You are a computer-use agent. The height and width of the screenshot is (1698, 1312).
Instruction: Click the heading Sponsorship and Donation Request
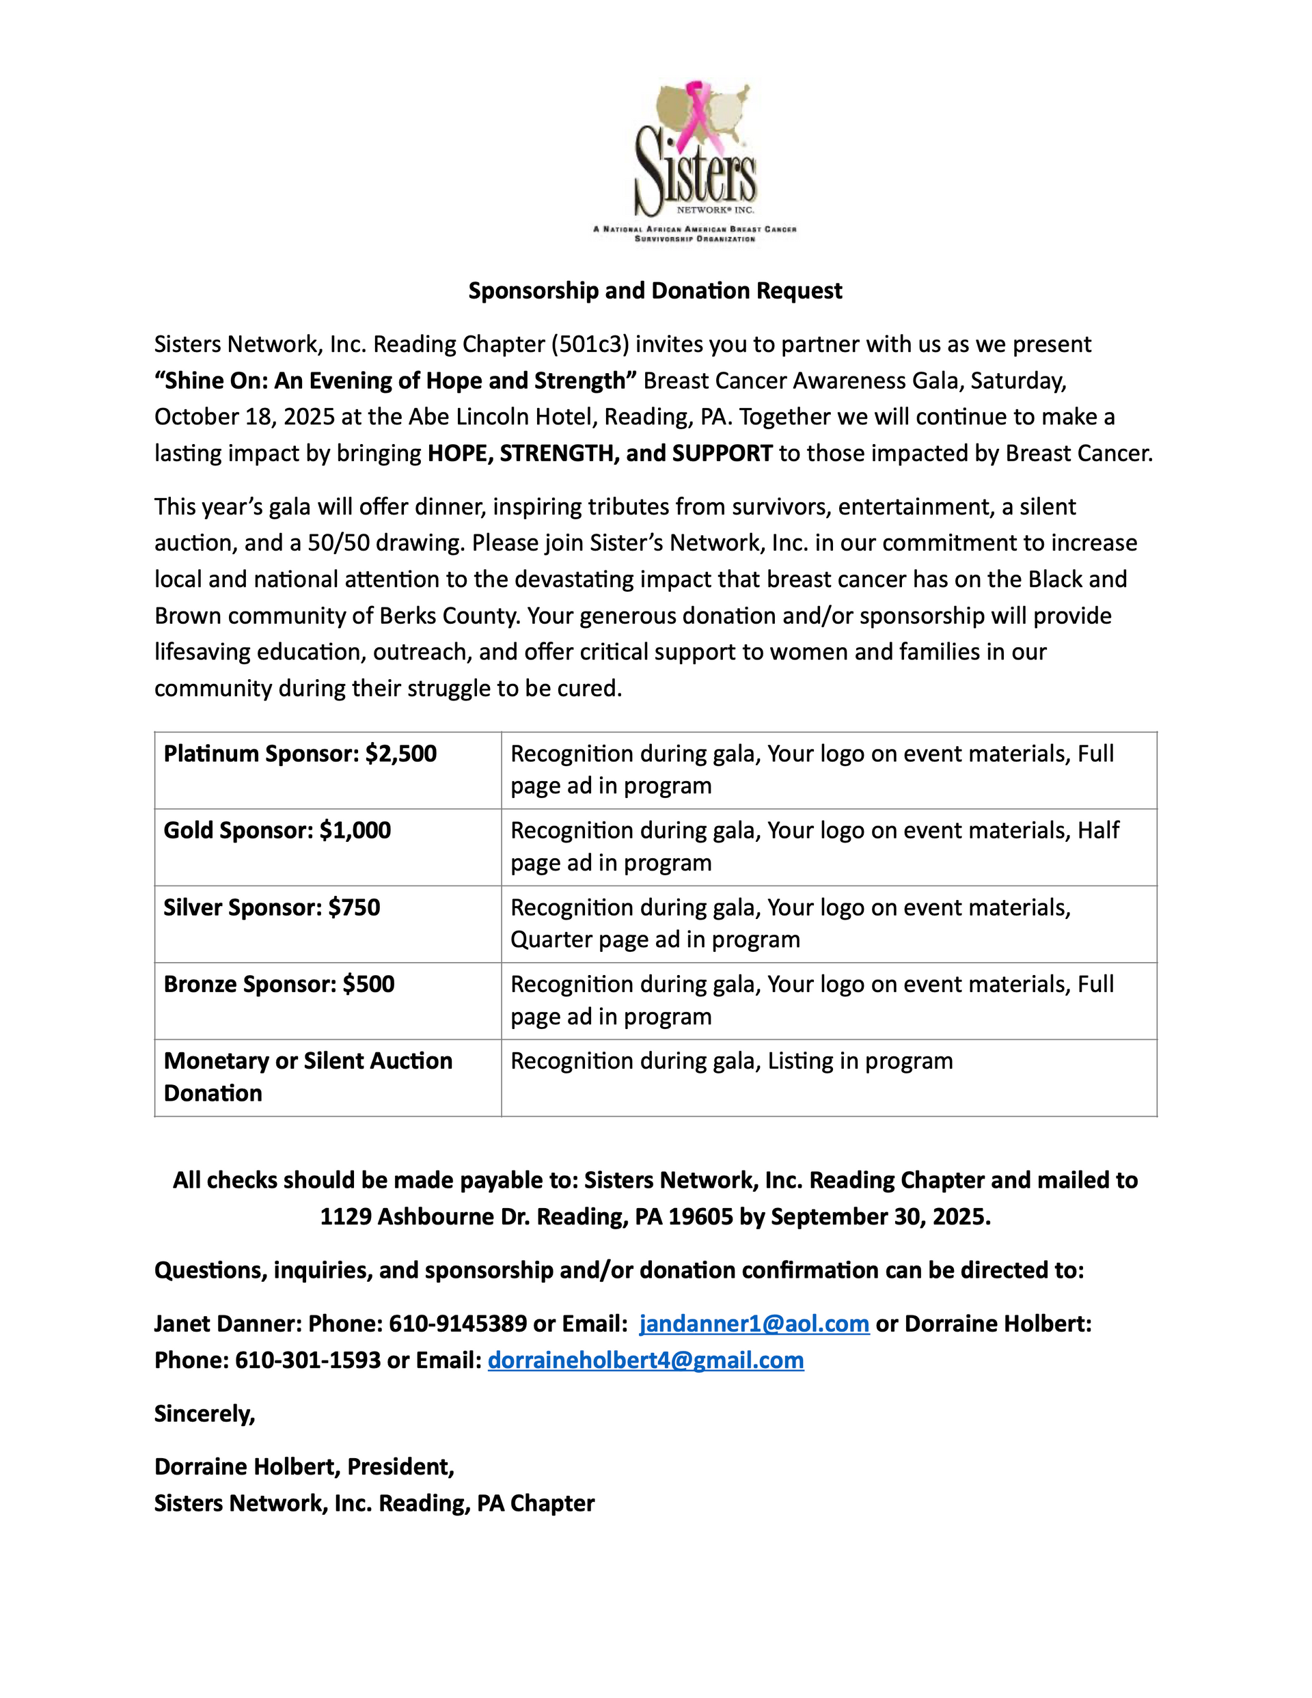655,291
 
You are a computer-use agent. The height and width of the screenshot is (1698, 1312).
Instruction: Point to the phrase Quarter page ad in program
655,940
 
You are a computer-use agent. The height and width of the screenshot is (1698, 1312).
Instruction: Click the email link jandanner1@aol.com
754,1324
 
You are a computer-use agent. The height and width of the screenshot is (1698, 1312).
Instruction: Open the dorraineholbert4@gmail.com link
646,1360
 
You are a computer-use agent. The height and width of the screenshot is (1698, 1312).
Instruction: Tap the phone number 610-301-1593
308,1360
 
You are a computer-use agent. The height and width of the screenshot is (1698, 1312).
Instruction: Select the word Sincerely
204,1414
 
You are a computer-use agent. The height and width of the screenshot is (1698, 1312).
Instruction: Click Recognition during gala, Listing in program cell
731,1061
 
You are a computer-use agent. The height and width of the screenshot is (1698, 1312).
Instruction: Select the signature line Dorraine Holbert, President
303,1467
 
